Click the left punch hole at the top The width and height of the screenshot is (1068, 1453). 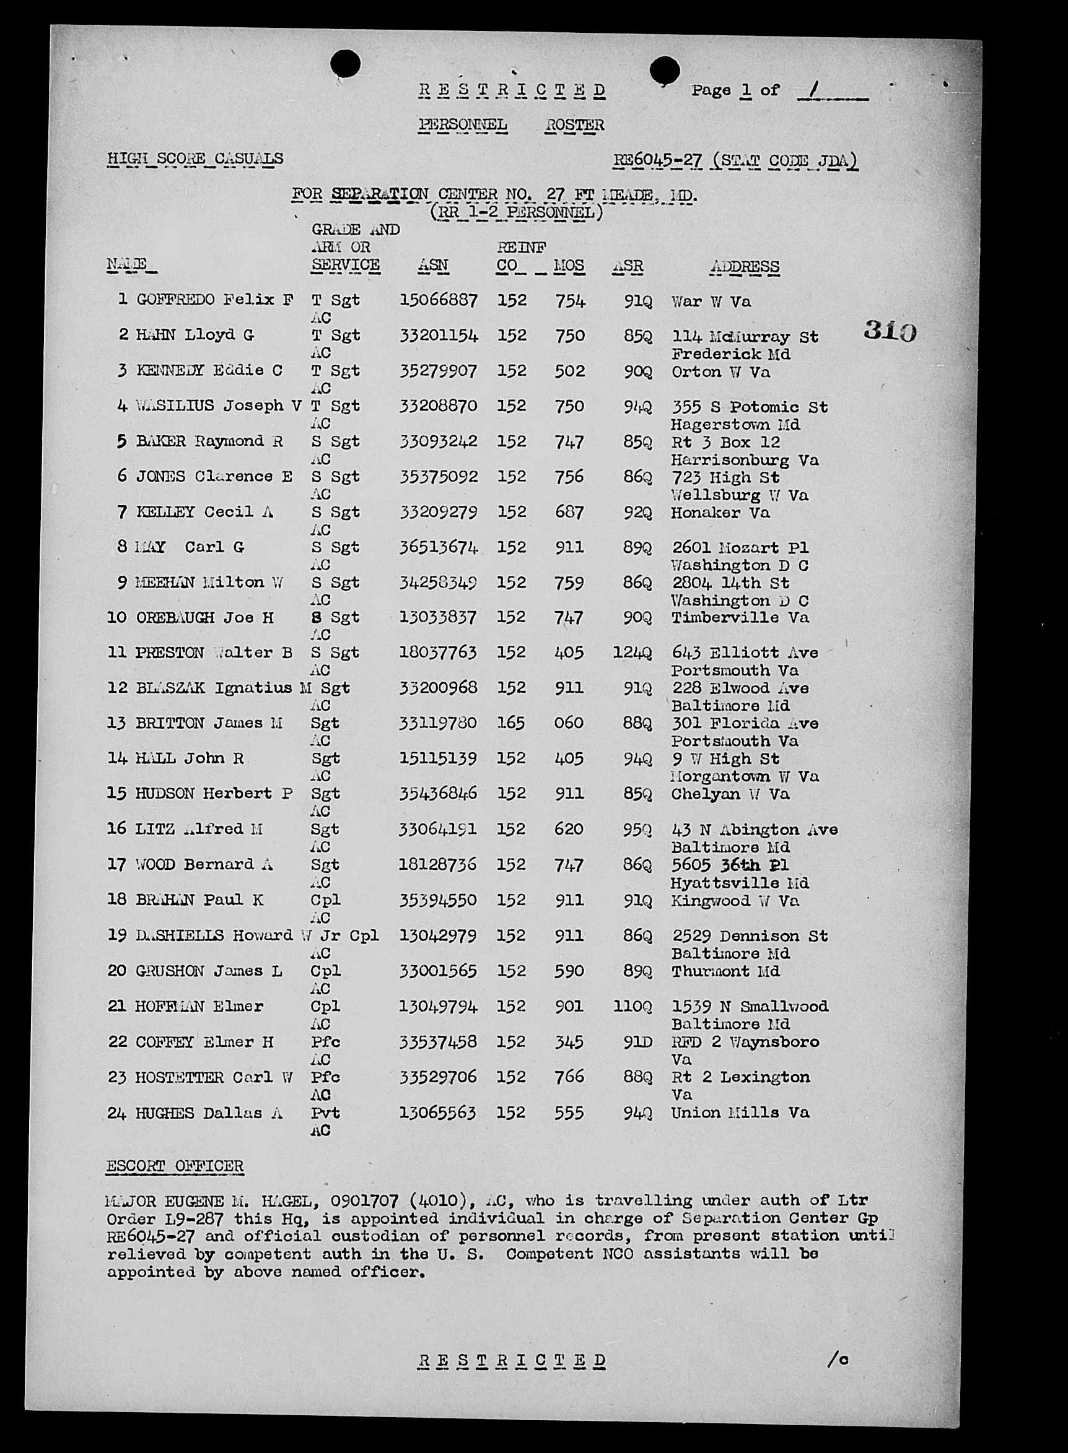click(345, 64)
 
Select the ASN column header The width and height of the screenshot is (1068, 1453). click(432, 266)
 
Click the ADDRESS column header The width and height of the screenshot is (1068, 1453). click(744, 266)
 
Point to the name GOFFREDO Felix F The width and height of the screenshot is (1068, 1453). click(214, 300)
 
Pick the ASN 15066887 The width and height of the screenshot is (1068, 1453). click(439, 300)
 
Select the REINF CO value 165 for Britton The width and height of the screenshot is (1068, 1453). click(511, 723)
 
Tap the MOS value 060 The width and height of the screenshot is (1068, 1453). click(568, 723)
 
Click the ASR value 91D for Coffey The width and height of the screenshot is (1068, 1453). click(637, 1042)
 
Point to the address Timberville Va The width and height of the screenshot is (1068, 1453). click(740, 618)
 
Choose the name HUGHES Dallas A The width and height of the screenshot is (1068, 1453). click(208, 1113)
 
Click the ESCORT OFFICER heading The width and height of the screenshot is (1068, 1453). click(175, 1166)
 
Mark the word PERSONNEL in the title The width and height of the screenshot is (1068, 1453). click(462, 124)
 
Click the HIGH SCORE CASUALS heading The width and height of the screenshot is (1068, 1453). click(195, 158)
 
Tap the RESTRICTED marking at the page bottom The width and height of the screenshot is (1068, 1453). click(511, 1360)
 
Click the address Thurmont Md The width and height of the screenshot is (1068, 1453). click(725, 971)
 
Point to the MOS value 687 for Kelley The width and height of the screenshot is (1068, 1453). click(569, 513)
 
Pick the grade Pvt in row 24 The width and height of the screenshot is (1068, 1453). click(325, 1113)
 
